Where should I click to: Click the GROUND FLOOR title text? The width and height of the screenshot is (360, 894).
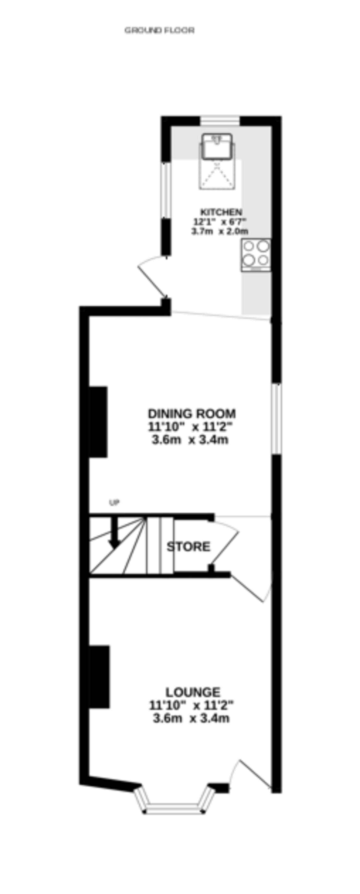coord(159,31)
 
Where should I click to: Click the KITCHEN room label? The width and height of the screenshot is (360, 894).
coord(221,212)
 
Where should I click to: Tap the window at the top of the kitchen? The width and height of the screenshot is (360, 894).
coord(220,121)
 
